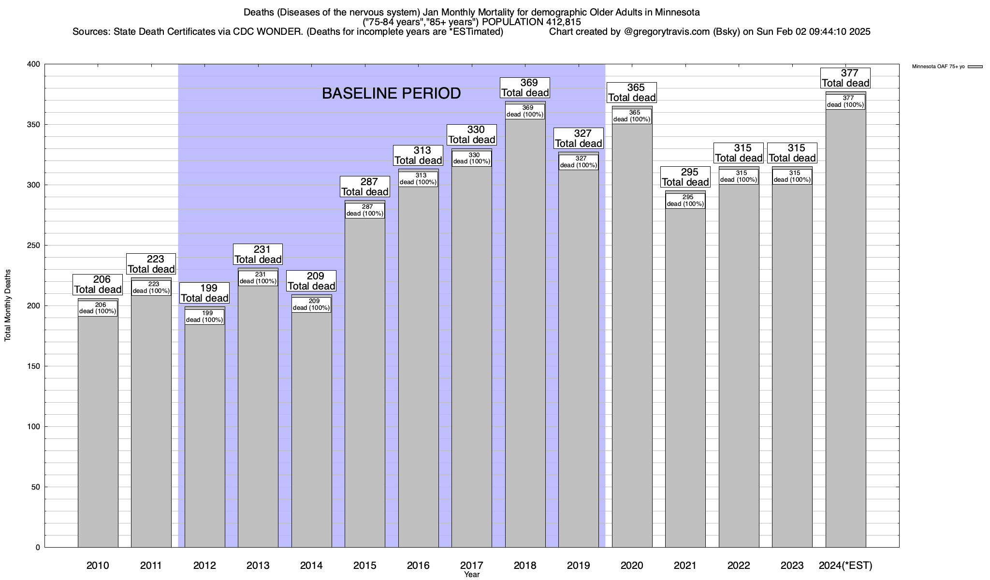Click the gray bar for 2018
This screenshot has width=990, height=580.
coord(525,338)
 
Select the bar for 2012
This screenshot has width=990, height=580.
coord(204,435)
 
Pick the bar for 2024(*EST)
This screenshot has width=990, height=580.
coord(845,338)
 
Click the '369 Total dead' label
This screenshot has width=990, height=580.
coord(525,88)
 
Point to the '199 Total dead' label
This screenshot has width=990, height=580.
coord(204,293)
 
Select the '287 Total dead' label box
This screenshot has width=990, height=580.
coord(365,187)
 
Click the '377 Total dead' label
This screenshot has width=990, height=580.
coord(845,78)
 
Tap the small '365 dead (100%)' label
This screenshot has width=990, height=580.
coord(632,116)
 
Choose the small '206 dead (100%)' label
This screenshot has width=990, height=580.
coord(98,308)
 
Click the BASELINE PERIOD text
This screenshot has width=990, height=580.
coord(391,93)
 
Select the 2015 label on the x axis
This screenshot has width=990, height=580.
coord(365,565)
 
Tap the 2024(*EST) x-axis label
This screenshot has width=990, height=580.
coord(845,565)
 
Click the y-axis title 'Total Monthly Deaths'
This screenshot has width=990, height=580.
coord(8,305)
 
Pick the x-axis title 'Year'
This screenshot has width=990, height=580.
coord(471,575)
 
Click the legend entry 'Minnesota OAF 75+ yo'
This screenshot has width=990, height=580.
coord(938,67)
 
